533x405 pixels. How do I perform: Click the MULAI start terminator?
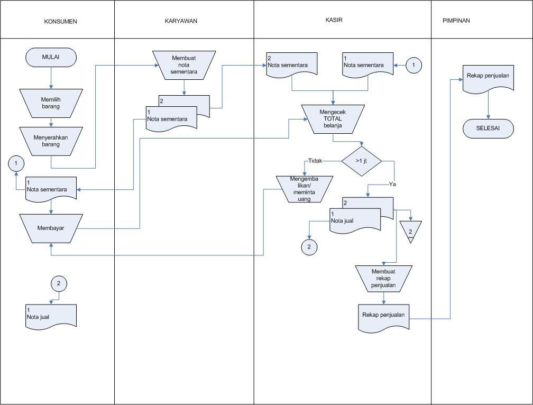51,57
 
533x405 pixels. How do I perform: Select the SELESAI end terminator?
488,128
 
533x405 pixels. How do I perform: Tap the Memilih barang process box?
51,103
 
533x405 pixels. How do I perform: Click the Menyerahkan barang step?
51,141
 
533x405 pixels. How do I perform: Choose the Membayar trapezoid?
51,228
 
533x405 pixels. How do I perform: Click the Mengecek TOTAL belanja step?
333,118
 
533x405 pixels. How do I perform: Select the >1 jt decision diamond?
362,161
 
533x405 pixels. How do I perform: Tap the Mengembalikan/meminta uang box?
304,189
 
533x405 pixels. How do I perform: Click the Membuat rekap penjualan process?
383,279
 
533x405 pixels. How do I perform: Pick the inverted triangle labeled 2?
410,231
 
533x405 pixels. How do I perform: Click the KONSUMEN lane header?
60,22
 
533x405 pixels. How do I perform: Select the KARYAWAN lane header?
181,21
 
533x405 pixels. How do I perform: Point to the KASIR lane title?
334,20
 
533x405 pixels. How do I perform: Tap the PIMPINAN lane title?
456,21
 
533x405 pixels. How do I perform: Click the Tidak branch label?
315,161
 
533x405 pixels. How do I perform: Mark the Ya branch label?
392,184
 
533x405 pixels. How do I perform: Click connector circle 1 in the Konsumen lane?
16,163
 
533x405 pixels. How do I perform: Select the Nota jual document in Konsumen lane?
51,315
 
